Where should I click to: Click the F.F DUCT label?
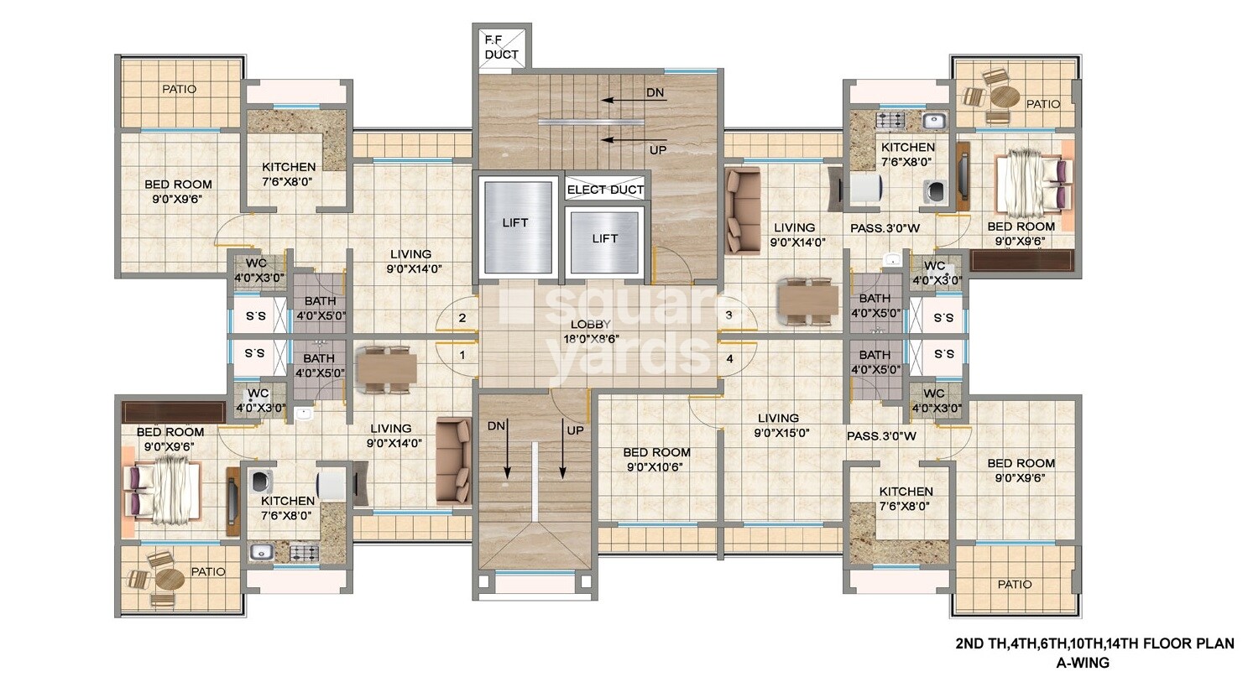pyautogui.click(x=502, y=47)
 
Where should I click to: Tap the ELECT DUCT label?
pyautogui.click(x=605, y=190)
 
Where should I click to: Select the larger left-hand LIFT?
pyautogui.click(x=515, y=222)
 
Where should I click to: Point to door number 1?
pyautogui.click(x=462, y=355)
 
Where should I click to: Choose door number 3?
pyautogui.click(x=729, y=315)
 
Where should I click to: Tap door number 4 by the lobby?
pyautogui.click(x=729, y=359)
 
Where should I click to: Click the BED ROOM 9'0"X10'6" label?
pyautogui.click(x=656, y=460)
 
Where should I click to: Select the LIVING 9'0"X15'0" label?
pyautogui.click(x=778, y=425)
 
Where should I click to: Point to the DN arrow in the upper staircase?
pyautogui.click(x=634, y=99)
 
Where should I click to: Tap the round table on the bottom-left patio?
pyautogui.click(x=169, y=580)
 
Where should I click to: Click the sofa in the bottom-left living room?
pyautogui.click(x=454, y=461)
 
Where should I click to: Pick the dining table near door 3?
pyautogui.click(x=807, y=299)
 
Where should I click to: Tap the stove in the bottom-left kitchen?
pyautogui.click(x=303, y=552)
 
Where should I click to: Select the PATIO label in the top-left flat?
pyautogui.click(x=179, y=89)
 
